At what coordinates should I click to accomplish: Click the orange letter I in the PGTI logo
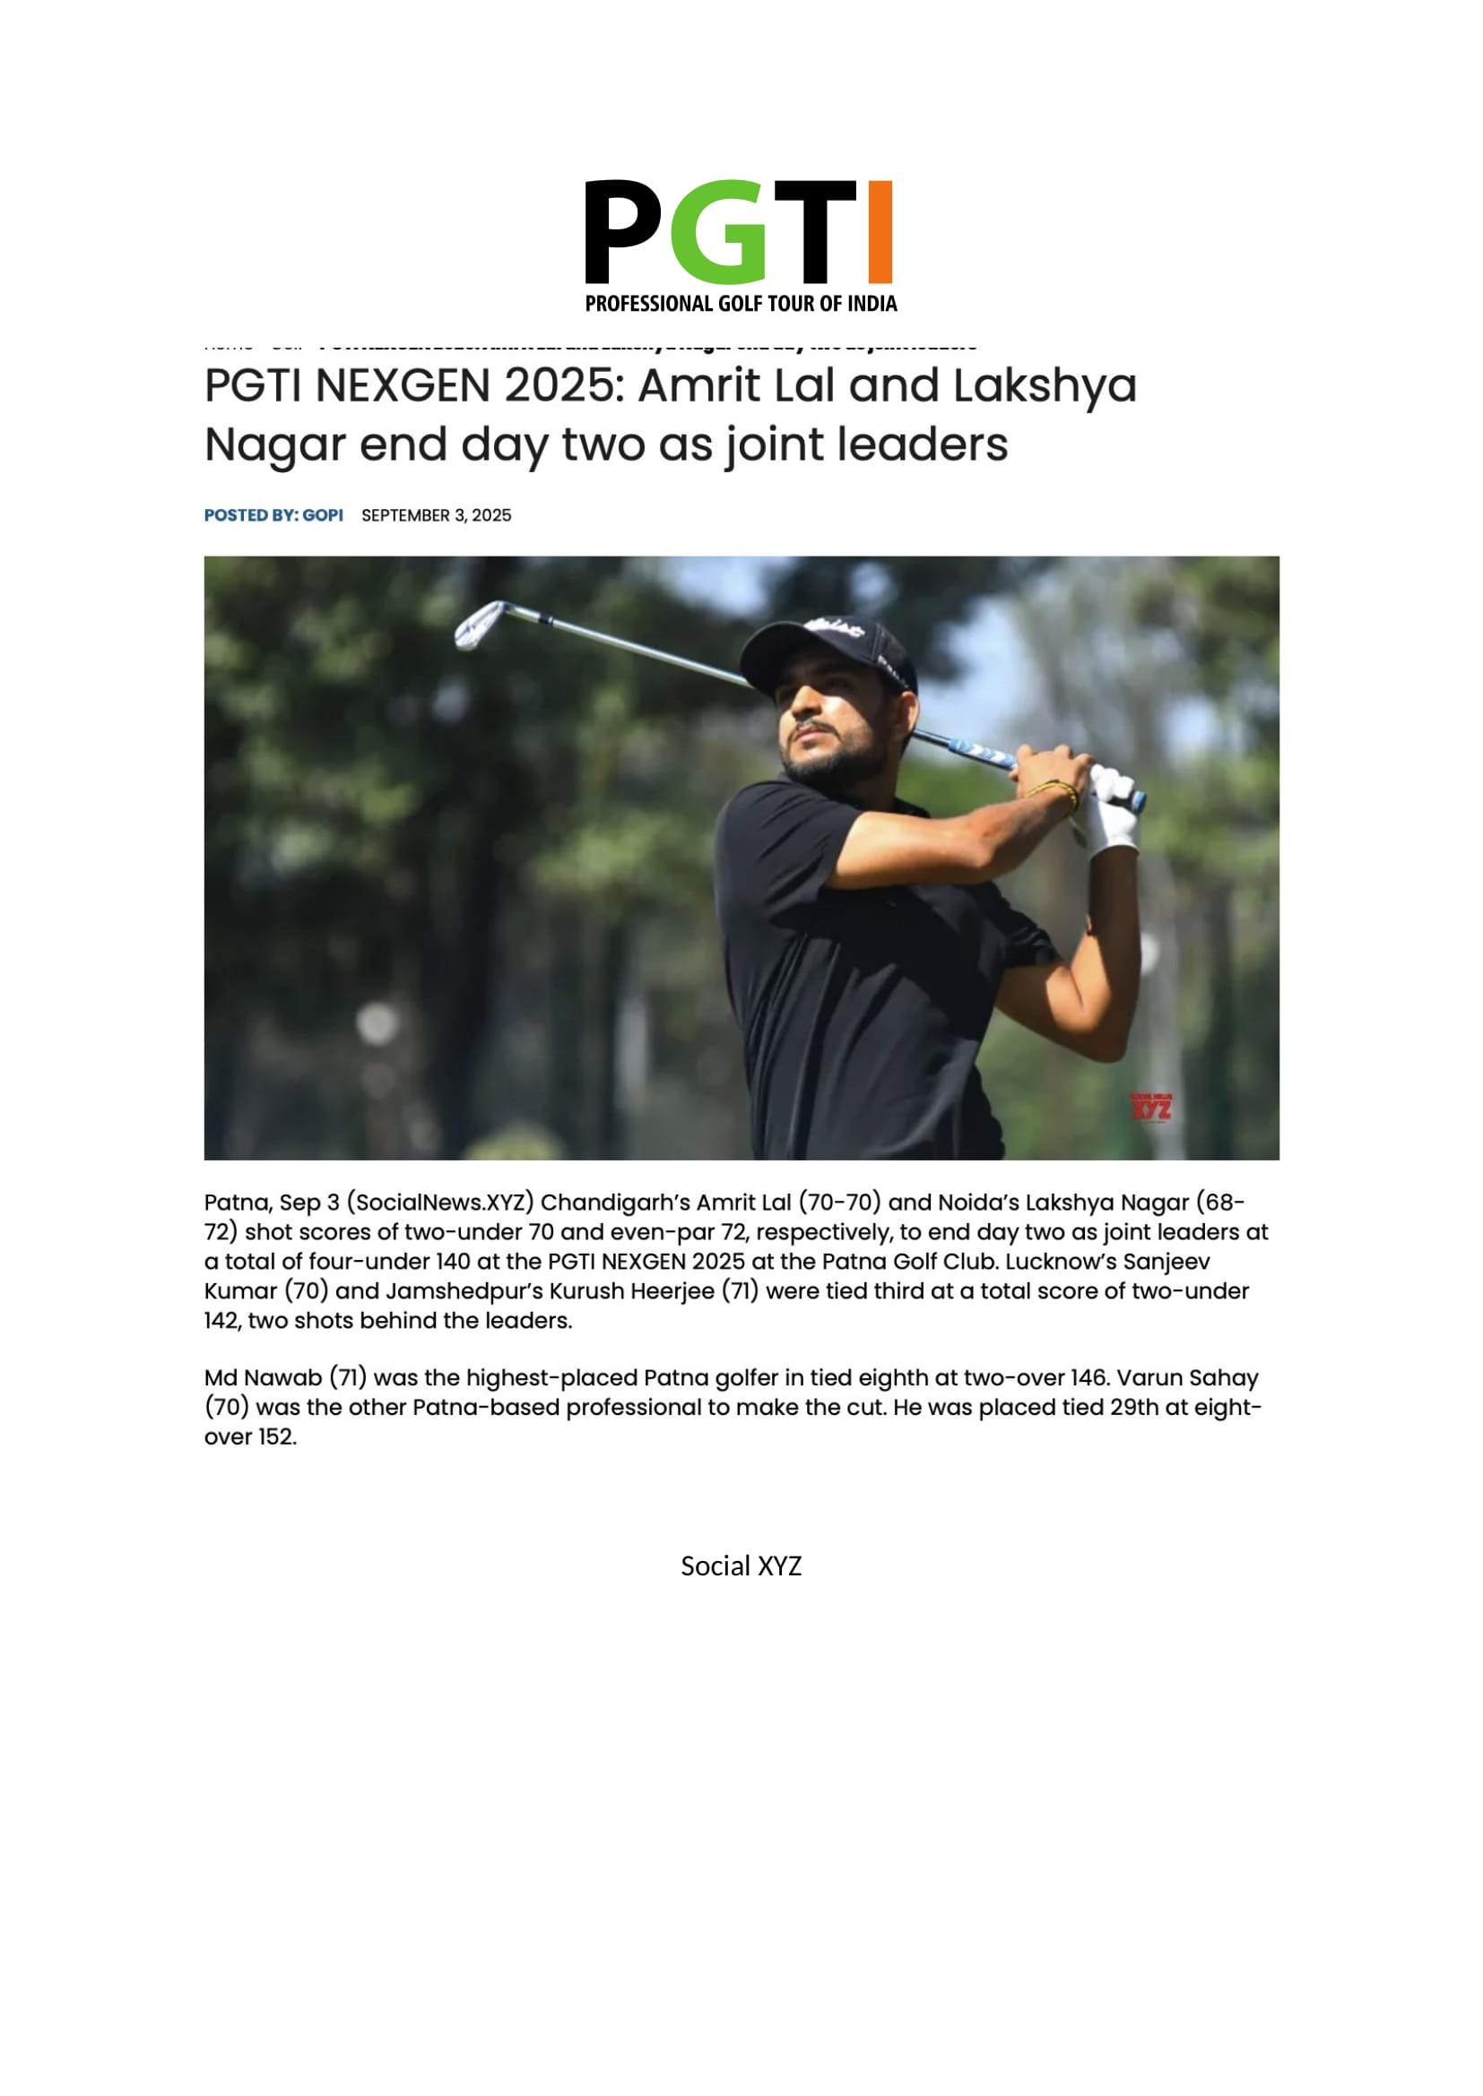tap(880, 232)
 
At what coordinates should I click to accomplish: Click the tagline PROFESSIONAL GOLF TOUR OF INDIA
tap(741, 304)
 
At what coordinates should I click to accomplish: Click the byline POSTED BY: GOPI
tap(273, 516)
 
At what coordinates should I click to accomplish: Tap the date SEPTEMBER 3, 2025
tap(436, 516)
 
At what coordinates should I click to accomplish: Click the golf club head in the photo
tap(479, 625)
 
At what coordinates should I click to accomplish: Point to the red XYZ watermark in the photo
tap(1150, 1108)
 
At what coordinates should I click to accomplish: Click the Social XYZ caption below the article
tap(741, 1566)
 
